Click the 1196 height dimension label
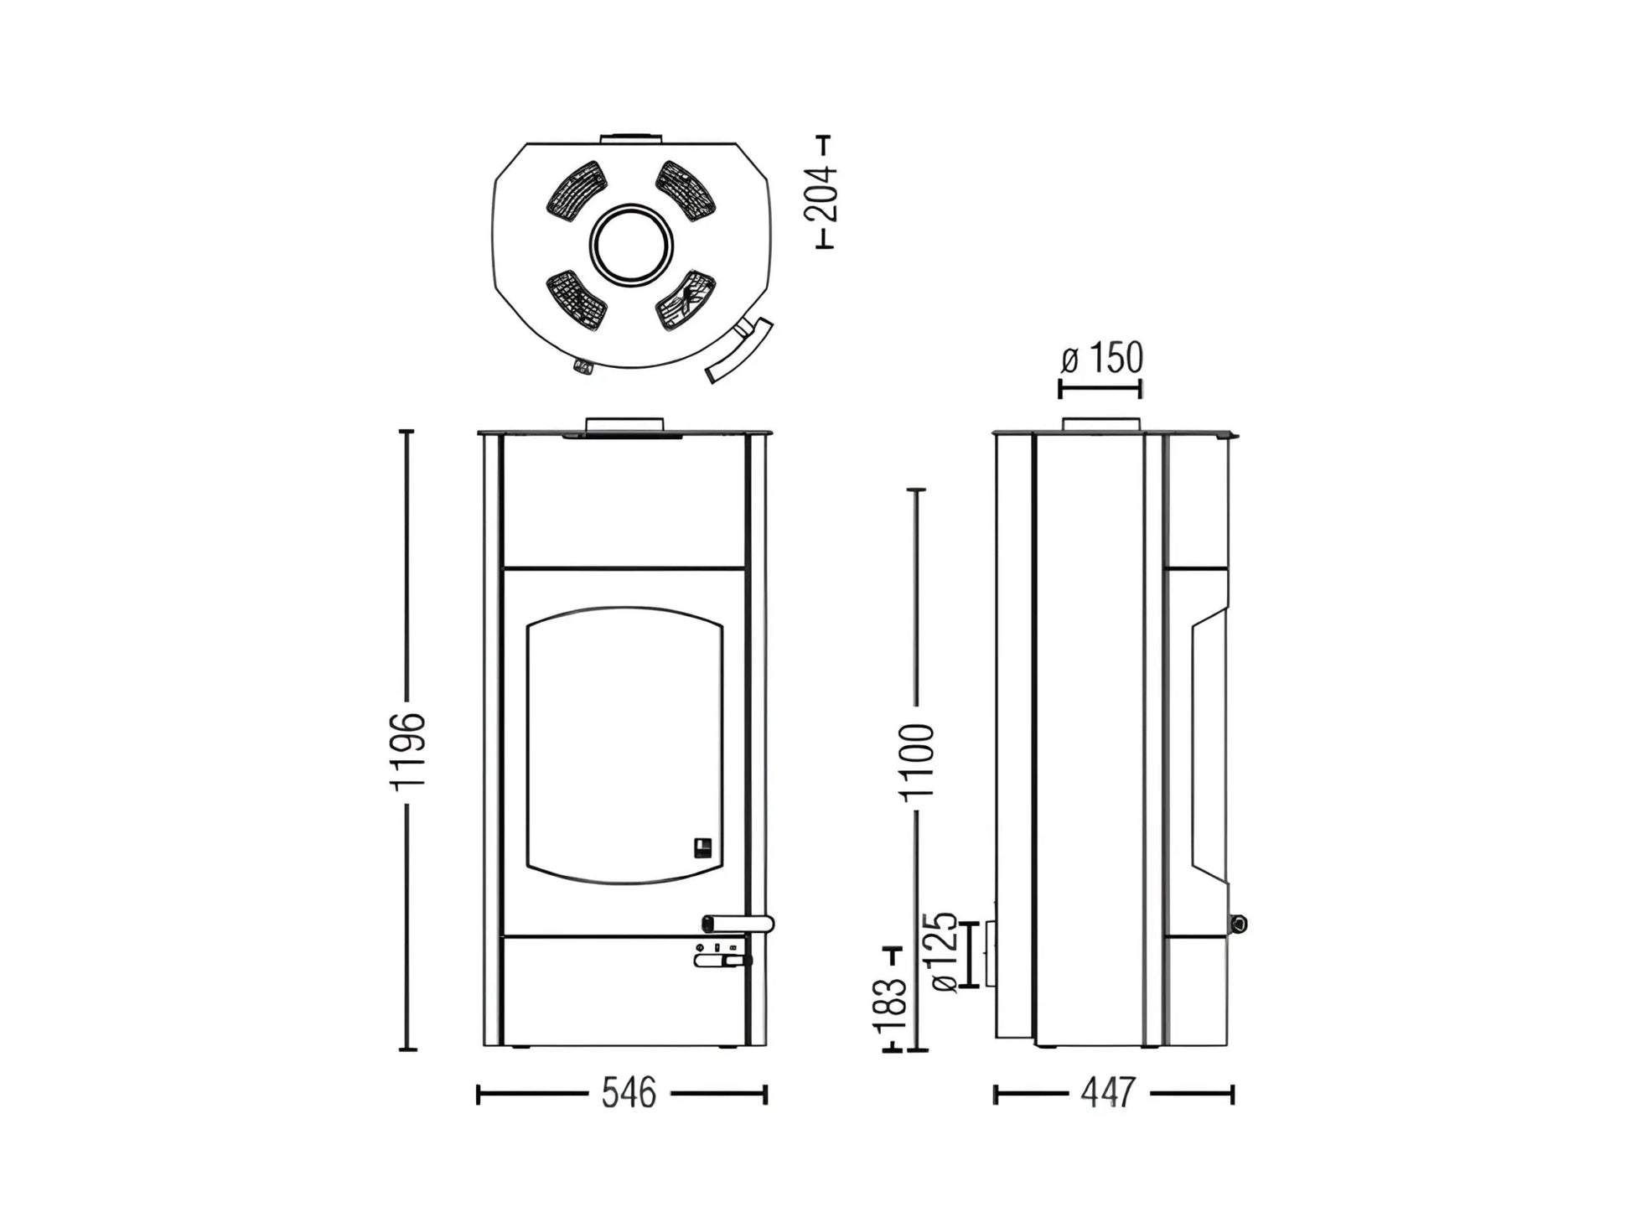[x=408, y=749]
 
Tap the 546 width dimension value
[x=629, y=1093]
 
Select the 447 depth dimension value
[x=1108, y=1093]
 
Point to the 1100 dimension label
[x=918, y=761]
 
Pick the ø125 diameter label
[x=944, y=952]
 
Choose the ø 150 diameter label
[x=1101, y=358]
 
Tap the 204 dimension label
[x=821, y=194]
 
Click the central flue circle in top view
[x=631, y=245]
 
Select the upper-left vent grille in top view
[x=577, y=192]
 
